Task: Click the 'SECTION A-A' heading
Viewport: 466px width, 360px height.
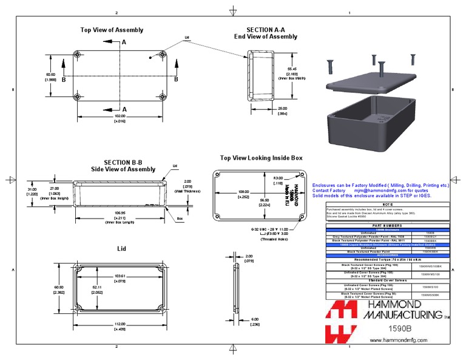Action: click(x=266, y=29)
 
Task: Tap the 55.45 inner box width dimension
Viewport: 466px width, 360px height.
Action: click(x=292, y=69)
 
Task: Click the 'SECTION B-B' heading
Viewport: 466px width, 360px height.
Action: click(x=123, y=162)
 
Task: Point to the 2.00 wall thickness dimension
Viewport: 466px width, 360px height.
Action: click(x=187, y=180)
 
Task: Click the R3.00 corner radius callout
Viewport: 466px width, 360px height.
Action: click(x=277, y=177)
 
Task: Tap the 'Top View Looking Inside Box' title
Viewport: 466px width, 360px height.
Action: click(x=261, y=157)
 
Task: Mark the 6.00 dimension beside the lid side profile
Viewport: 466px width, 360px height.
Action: click(x=255, y=319)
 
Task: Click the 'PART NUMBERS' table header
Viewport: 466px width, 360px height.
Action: click(x=388, y=225)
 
